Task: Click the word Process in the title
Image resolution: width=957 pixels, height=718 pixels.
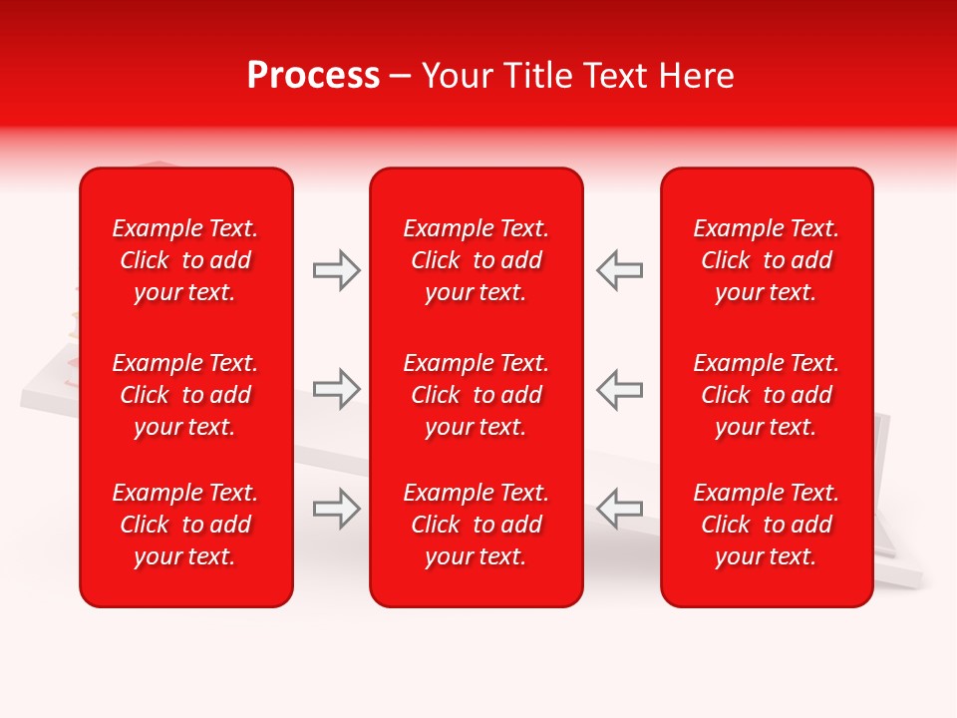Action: point(313,76)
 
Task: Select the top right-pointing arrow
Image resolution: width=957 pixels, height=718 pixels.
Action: point(336,270)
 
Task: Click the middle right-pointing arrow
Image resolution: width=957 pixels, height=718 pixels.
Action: point(336,389)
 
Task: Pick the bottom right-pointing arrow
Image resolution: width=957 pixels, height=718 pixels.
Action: point(336,508)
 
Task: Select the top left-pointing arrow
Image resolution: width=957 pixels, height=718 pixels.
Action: point(620,270)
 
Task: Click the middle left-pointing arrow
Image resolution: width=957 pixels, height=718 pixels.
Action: point(620,389)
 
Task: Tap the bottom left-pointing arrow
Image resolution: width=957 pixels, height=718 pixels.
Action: point(620,508)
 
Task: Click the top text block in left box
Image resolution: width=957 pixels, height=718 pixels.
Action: point(185,260)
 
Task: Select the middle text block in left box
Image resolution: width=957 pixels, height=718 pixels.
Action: point(185,395)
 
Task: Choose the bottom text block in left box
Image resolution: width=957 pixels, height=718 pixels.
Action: point(185,525)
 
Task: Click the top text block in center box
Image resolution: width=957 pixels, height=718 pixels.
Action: point(477,260)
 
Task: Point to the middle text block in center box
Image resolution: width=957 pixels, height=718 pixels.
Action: point(477,395)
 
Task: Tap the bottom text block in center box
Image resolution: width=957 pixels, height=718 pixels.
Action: point(477,525)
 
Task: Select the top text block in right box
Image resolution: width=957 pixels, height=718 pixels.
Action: point(767,260)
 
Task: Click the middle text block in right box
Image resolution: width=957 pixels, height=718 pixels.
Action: point(767,395)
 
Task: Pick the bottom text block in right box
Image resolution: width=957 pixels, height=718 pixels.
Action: point(767,525)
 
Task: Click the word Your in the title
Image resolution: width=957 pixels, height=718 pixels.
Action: point(457,76)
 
